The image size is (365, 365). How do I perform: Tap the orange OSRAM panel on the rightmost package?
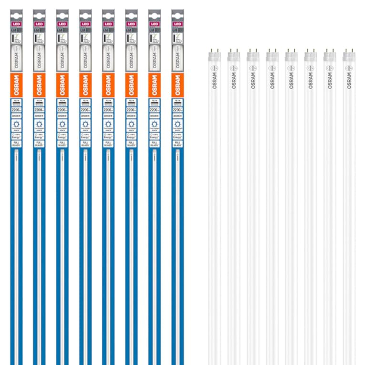pyautogui.click(x=177, y=85)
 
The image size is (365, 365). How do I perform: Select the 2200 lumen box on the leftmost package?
pyautogui.click(x=16, y=109)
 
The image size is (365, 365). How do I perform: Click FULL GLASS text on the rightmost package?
pyautogui.click(x=177, y=143)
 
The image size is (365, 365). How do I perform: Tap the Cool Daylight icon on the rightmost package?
pyautogui.click(x=177, y=123)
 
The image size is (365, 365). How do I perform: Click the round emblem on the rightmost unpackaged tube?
pyautogui.click(x=349, y=68)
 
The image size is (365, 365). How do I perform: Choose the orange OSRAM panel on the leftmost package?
pyautogui.click(x=16, y=85)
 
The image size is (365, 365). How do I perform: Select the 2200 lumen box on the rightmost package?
pyautogui.click(x=177, y=109)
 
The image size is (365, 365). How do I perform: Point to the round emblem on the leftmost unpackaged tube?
pyautogui.click(x=214, y=68)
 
